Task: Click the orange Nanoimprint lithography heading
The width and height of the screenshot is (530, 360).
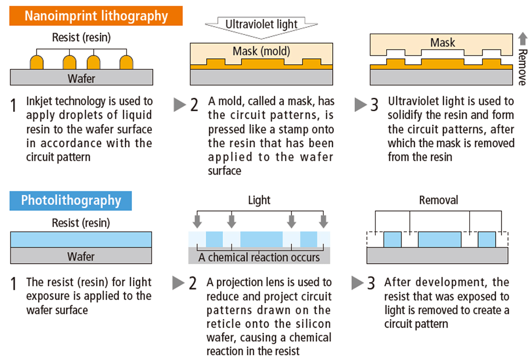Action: (96, 16)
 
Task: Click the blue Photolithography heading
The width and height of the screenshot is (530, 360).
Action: (71, 200)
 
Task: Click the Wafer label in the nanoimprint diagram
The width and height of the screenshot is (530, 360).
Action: (81, 78)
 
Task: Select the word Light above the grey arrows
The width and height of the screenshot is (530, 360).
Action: (259, 200)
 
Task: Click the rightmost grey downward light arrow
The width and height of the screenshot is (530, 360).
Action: (323, 221)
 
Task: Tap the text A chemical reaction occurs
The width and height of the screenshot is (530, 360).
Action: (259, 258)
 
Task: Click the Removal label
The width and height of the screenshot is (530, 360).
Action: (438, 200)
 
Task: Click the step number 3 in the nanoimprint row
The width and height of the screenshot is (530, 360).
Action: (374, 105)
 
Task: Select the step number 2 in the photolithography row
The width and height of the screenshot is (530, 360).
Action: (192, 283)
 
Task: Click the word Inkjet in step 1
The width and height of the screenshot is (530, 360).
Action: (41, 101)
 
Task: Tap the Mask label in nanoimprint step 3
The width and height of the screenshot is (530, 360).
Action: (442, 43)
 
